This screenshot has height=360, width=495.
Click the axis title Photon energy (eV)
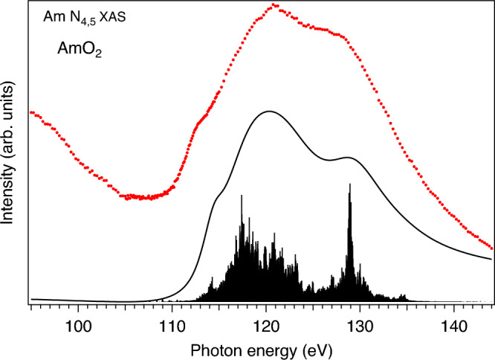(261, 348)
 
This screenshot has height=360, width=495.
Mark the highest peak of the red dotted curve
(275, 5)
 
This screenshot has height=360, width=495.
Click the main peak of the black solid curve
(268, 112)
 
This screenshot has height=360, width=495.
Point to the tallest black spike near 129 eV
(349, 184)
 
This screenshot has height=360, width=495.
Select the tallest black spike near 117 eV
(241, 195)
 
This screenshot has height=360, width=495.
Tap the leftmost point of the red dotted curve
(31, 112)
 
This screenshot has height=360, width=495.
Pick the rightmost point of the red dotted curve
(492, 248)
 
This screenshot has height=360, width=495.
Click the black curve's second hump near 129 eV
(348, 158)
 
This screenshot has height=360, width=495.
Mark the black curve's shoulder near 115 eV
(218, 197)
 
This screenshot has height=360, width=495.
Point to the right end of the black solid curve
(492, 259)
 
